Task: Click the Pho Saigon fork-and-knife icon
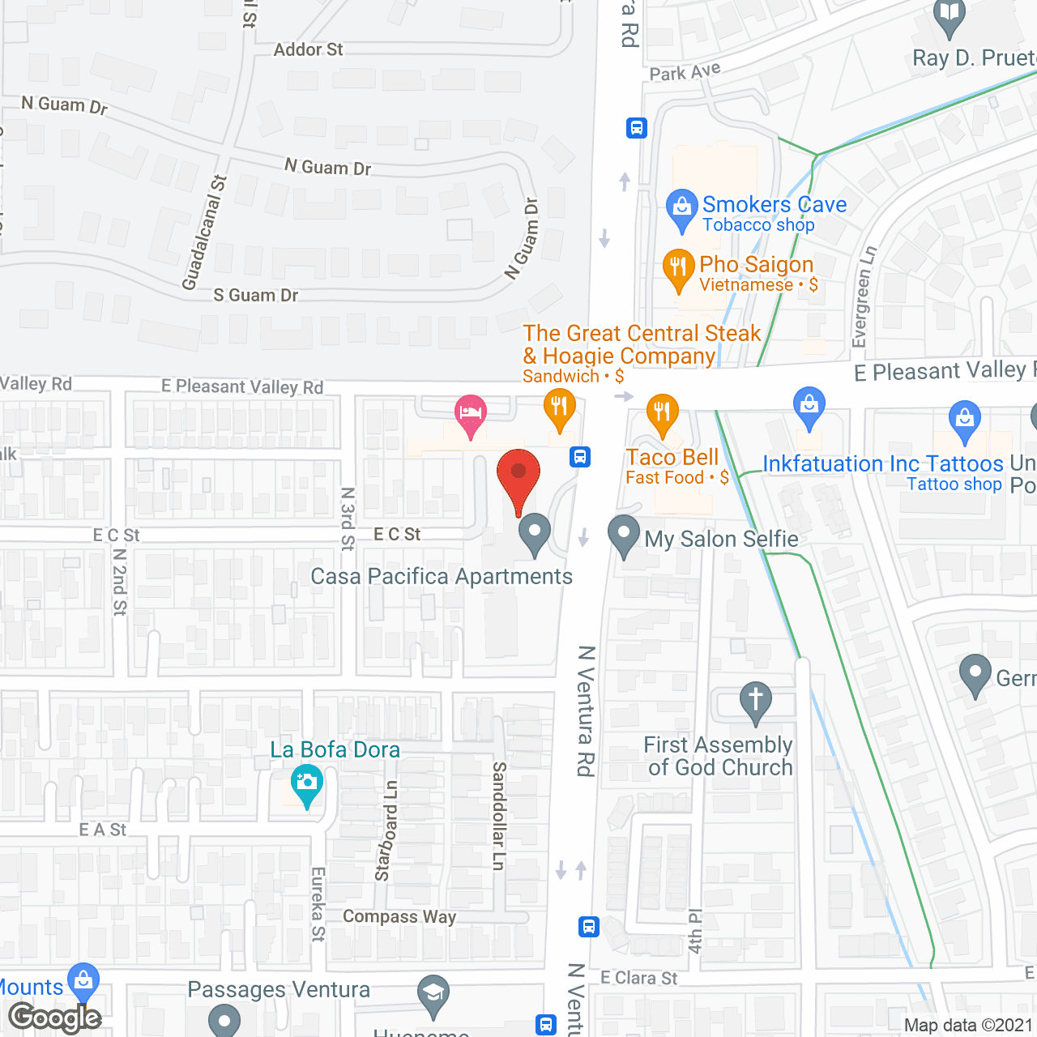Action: pos(679,267)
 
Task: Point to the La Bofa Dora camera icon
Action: pos(307,783)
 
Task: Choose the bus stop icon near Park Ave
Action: pos(636,128)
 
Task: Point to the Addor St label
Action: pos(308,50)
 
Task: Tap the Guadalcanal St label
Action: pos(204,233)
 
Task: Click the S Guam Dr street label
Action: pos(255,296)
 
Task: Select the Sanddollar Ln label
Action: pos(499,816)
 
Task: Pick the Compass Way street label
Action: pos(399,916)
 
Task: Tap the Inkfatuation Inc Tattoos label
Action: pos(883,464)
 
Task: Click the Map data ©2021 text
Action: pos(968,1025)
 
